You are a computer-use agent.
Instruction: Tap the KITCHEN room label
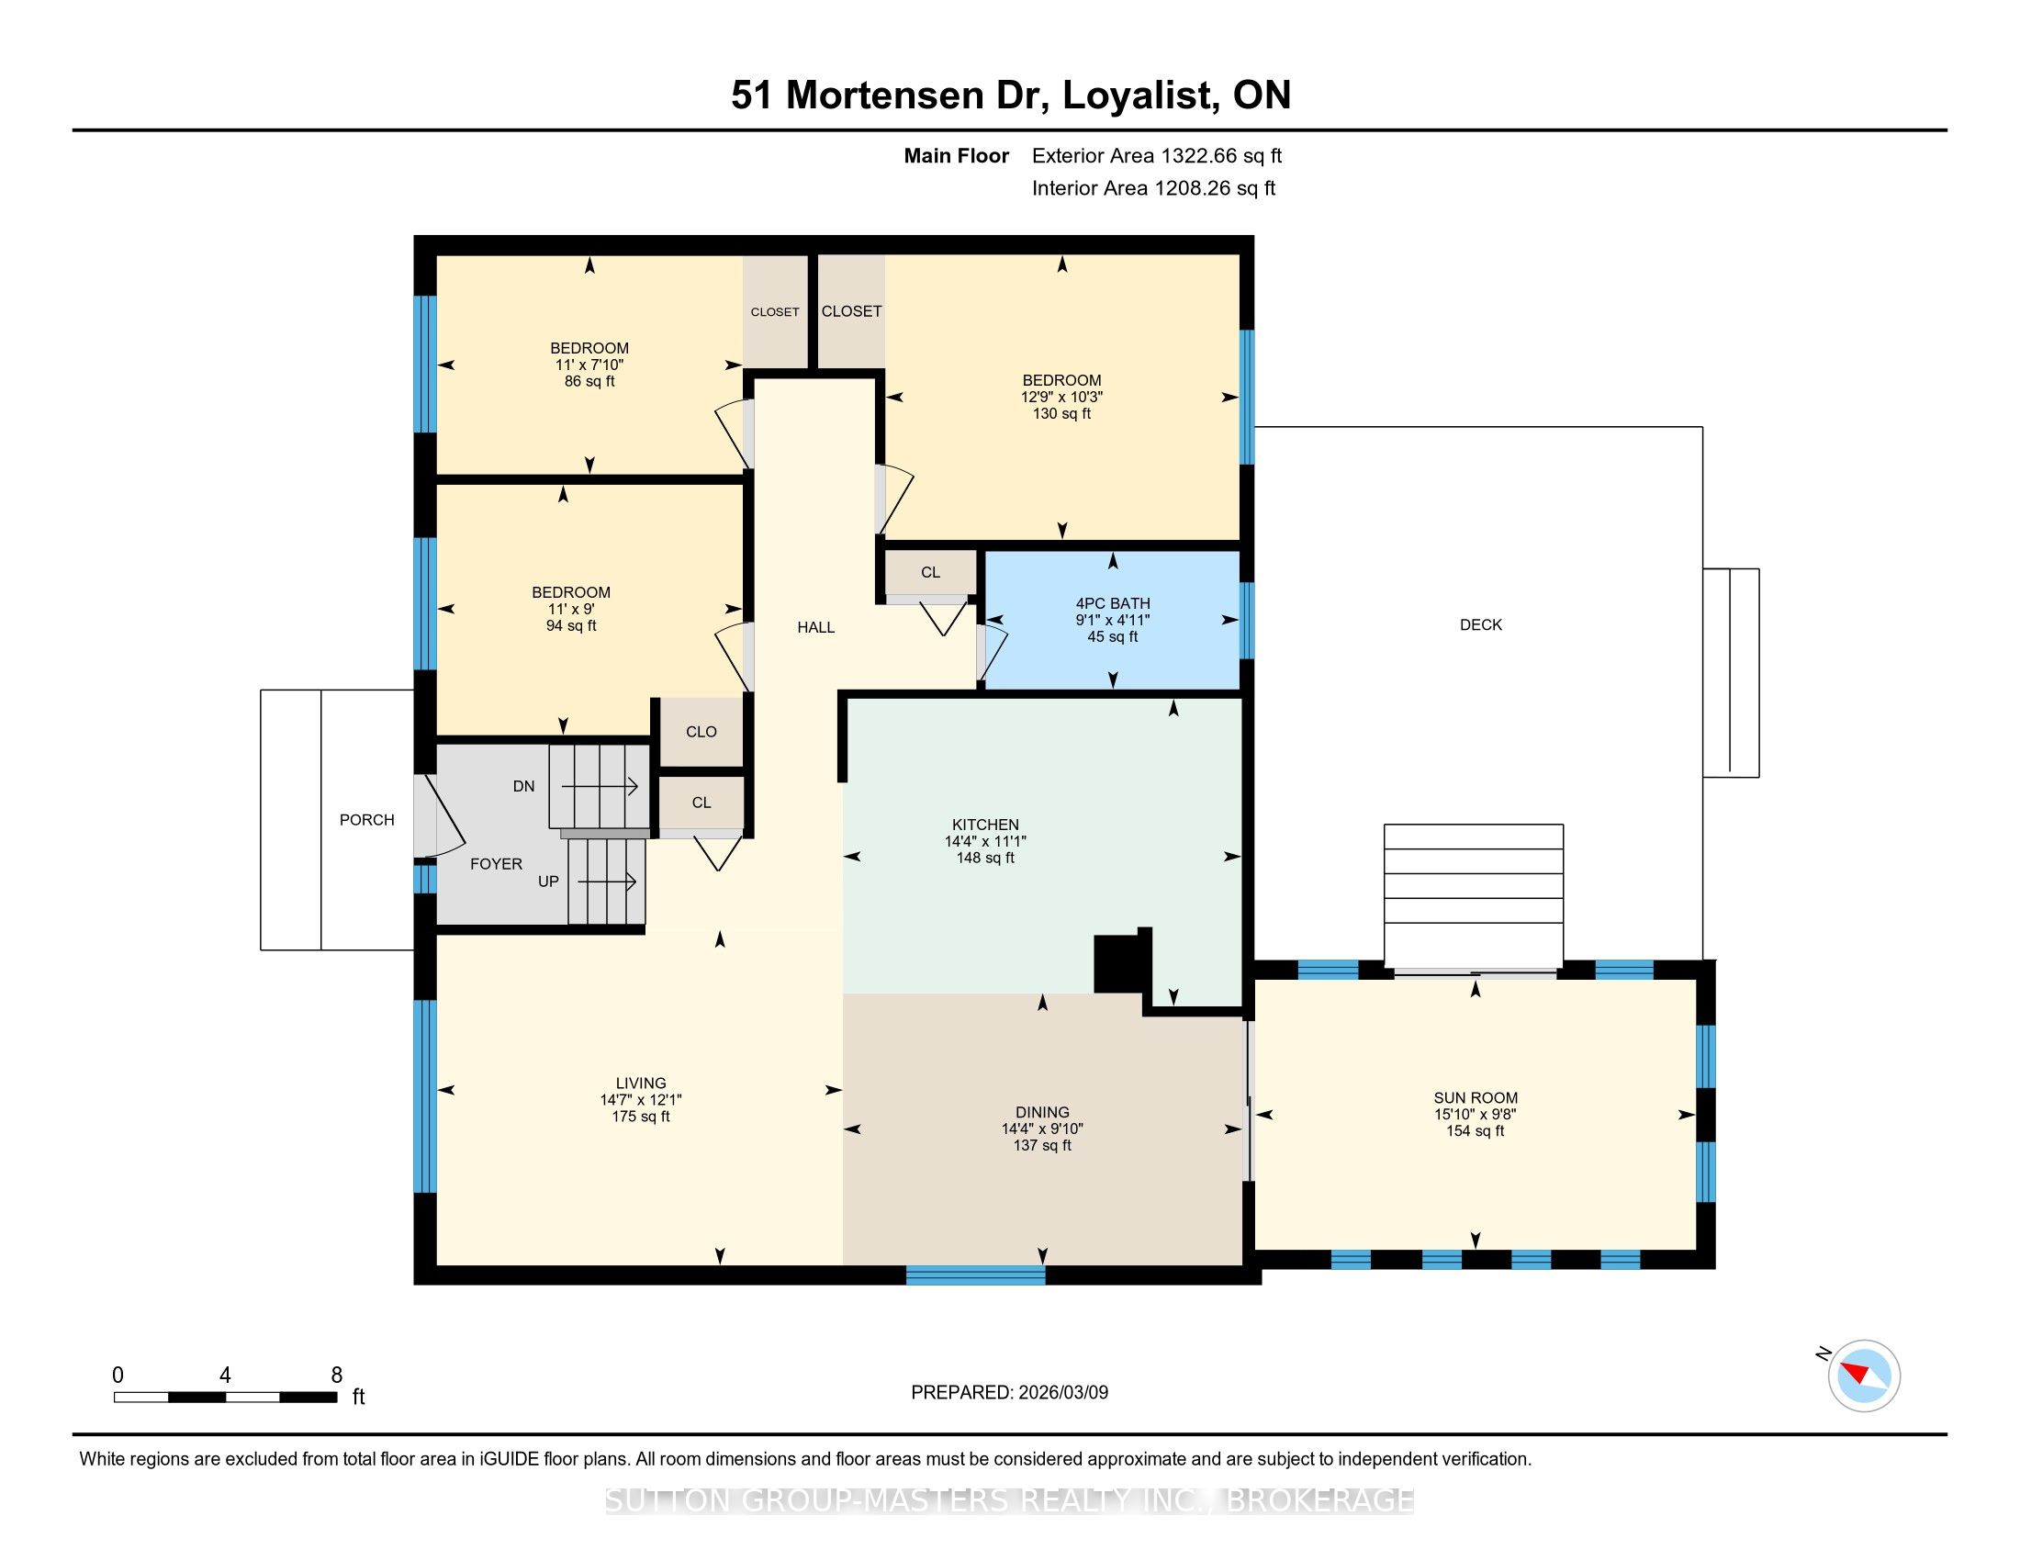pyautogui.click(x=985, y=824)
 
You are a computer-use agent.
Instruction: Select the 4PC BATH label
pyautogui.click(x=1112, y=603)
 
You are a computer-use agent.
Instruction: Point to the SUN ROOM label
pyautogui.click(x=1476, y=1097)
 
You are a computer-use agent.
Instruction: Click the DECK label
pyautogui.click(x=1481, y=624)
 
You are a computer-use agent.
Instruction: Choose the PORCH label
pyautogui.click(x=366, y=819)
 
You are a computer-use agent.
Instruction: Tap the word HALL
pyautogui.click(x=815, y=627)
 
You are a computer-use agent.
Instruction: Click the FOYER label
pyautogui.click(x=496, y=864)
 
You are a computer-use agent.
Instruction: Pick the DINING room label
pyautogui.click(x=1042, y=1112)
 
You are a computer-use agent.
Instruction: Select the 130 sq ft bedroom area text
pyautogui.click(x=1061, y=413)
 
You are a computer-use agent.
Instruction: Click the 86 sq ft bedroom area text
pyautogui.click(x=589, y=381)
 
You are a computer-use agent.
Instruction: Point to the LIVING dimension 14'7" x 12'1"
pyautogui.click(x=641, y=1099)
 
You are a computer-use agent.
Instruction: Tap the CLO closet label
pyautogui.click(x=701, y=732)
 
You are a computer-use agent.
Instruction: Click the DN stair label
pyautogui.click(x=523, y=786)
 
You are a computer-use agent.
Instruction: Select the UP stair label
pyautogui.click(x=548, y=882)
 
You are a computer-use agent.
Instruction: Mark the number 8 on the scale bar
pyautogui.click(x=337, y=1375)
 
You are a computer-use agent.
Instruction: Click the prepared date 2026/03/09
pyautogui.click(x=1062, y=1392)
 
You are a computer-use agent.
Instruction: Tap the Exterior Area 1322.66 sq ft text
pyautogui.click(x=1157, y=155)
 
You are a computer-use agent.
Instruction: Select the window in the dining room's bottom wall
pyautogui.click(x=976, y=1275)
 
